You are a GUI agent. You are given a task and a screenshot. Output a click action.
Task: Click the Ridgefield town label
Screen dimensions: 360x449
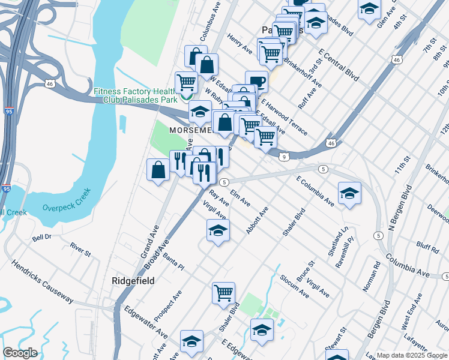click(x=133, y=281)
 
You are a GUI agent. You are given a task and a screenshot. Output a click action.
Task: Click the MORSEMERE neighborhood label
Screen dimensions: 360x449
click(x=190, y=130)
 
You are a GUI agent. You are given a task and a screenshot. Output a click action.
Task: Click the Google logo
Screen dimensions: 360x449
click(x=20, y=353)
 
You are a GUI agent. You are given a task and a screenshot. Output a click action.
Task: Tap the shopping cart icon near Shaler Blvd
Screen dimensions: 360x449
click(x=223, y=293)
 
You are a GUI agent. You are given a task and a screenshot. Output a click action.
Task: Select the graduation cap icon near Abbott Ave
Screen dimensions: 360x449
click(x=218, y=230)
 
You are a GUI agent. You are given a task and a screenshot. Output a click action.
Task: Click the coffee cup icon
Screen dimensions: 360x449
click(x=256, y=80)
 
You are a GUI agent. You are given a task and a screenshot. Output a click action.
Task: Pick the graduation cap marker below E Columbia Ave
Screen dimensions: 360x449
click(x=349, y=193)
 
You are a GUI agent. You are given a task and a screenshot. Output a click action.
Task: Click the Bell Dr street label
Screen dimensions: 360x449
click(x=42, y=238)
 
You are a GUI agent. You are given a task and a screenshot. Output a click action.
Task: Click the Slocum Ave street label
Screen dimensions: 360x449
click(x=294, y=287)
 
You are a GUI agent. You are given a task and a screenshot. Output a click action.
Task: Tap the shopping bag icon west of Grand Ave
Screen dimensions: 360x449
click(x=158, y=169)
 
